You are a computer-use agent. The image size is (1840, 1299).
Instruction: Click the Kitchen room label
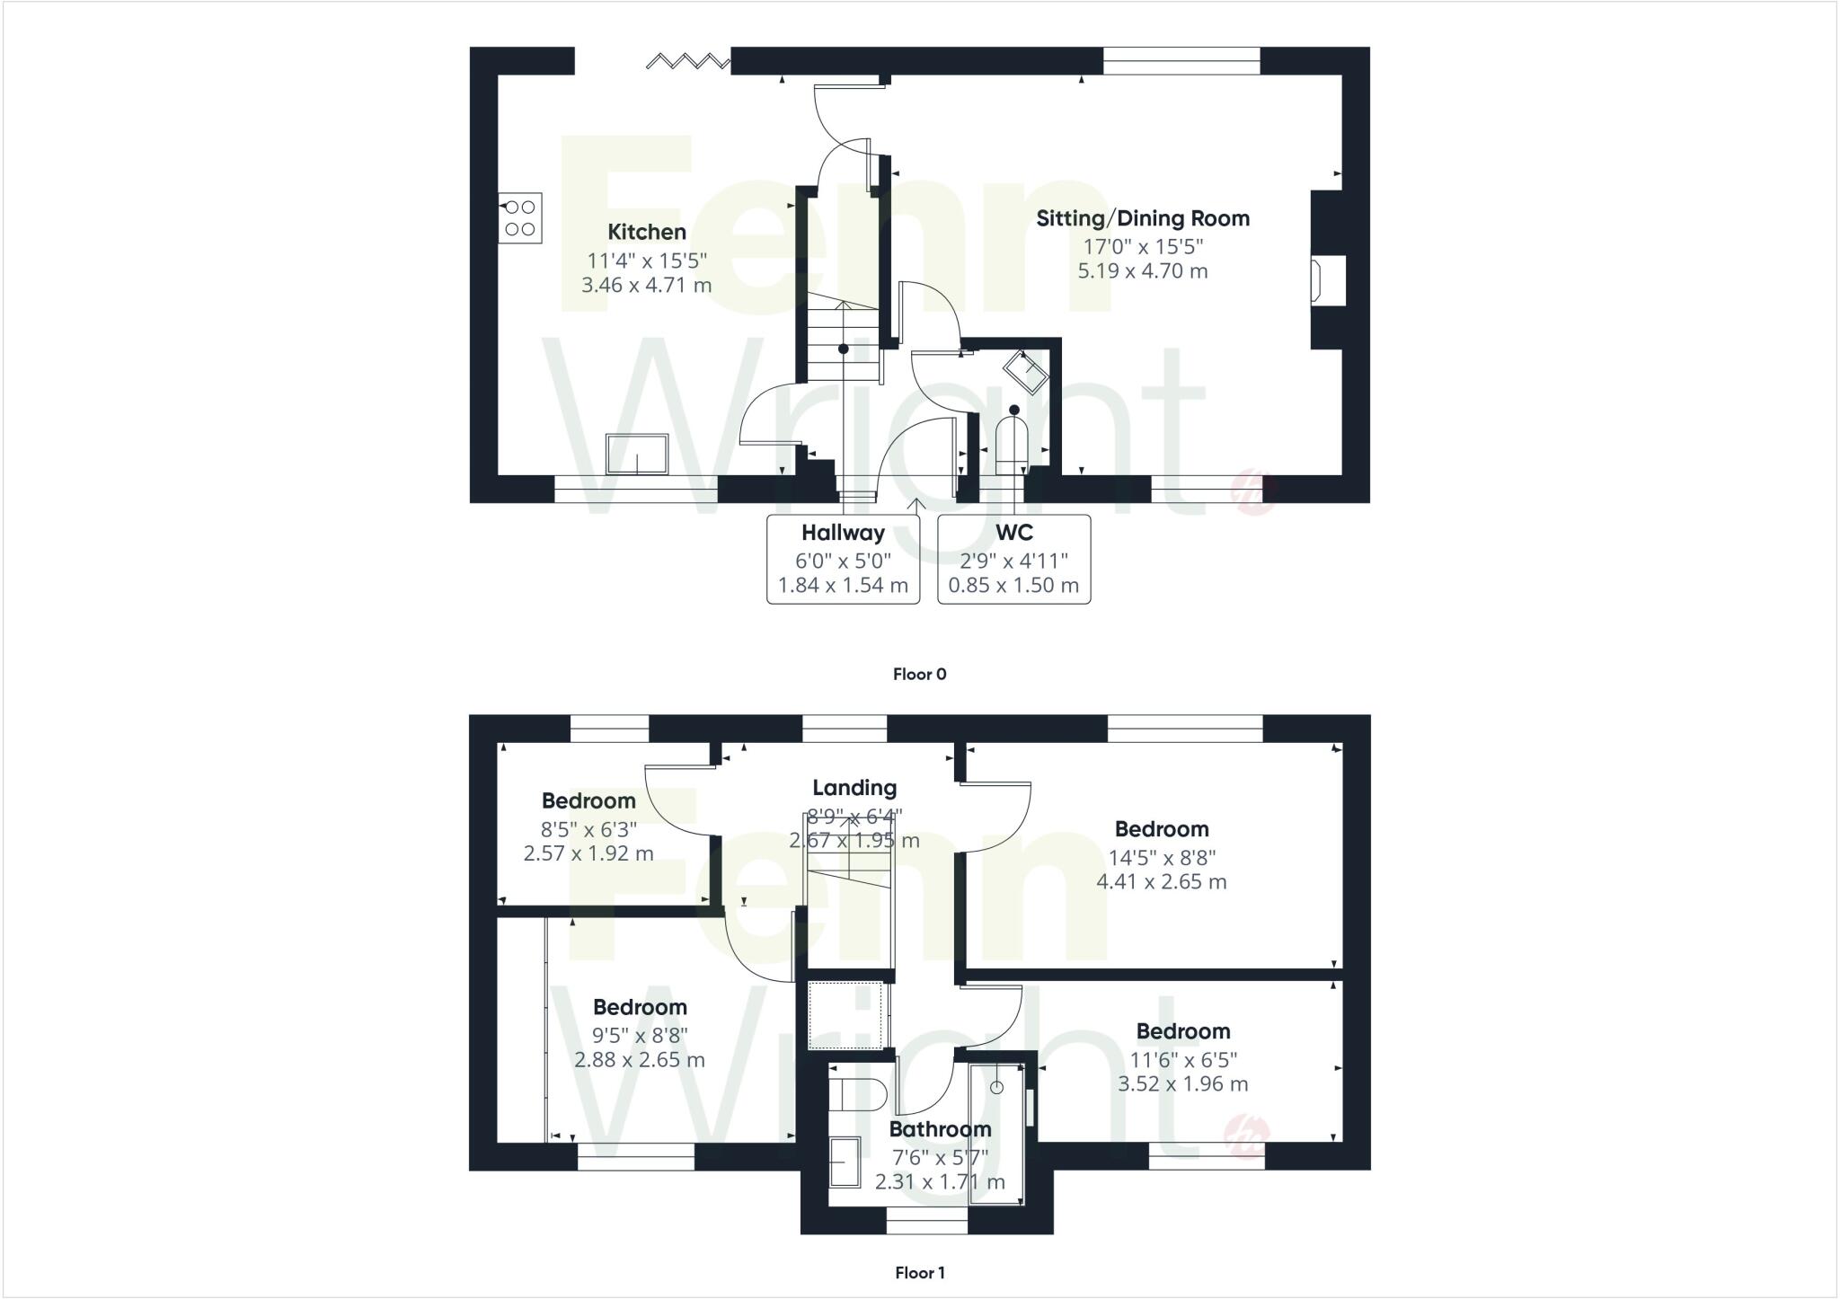pos(646,232)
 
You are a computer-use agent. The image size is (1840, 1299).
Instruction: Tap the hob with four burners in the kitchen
pos(520,218)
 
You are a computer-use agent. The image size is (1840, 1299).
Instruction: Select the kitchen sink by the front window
pos(637,454)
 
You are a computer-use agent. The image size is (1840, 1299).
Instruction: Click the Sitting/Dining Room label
pos(1142,218)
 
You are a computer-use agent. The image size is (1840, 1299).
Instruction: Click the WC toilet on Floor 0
pos(1013,440)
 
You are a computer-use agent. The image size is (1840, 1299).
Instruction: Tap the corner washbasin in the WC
pos(1026,372)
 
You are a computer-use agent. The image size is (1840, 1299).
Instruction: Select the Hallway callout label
pos(843,533)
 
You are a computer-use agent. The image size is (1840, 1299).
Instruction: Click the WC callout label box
pos(1013,559)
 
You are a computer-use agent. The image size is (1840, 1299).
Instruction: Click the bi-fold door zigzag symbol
pos(688,61)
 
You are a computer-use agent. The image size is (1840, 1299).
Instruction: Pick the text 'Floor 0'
pos(919,674)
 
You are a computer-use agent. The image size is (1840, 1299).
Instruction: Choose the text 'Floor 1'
pos(919,1272)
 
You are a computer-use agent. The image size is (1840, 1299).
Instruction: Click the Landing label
pos(854,788)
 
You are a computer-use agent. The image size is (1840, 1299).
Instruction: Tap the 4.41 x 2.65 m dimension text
pos(1161,882)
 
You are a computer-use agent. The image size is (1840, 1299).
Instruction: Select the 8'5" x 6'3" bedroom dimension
pos(588,828)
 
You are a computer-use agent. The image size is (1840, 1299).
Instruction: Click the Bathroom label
pos(940,1129)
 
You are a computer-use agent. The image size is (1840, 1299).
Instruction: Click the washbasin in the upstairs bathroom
pos(845,1162)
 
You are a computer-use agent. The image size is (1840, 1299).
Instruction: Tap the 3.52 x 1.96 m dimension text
pos(1182,1084)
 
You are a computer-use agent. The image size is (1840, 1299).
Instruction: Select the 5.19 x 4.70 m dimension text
pos(1142,270)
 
